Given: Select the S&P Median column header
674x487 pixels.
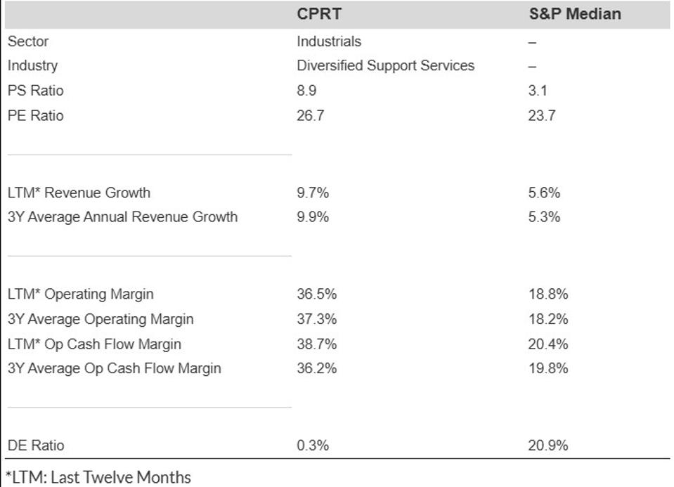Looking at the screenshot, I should coord(574,14).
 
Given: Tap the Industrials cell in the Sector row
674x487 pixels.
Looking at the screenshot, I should coord(328,41).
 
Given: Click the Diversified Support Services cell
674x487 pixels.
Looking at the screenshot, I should coord(385,66).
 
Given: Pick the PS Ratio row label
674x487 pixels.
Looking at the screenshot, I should coord(35,91).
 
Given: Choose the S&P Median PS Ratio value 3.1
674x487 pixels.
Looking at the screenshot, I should coord(538,91).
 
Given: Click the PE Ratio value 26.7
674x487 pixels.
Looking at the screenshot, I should coord(310,116).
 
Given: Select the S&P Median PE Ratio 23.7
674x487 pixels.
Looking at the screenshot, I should coord(542,116).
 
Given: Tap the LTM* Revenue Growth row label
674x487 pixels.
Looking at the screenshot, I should coord(79,193).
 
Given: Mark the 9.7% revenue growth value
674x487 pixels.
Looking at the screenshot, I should coord(312,193).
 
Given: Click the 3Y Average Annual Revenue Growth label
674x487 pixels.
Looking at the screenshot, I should coord(122,217).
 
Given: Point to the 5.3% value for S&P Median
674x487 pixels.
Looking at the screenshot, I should coord(545,217).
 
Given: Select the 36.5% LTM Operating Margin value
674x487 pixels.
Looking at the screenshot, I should coord(316,294).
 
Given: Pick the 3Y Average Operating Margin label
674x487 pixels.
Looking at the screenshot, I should coord(101,319).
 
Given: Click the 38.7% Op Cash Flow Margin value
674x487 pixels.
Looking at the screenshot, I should coord(316,344).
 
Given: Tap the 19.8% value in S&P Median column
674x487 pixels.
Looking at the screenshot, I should coord(548,368).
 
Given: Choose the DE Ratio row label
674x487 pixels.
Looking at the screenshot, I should coord(35,445).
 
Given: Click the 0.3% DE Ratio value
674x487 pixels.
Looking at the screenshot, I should coord(312,445).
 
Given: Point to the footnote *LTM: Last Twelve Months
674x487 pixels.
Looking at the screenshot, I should coord(98,477).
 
